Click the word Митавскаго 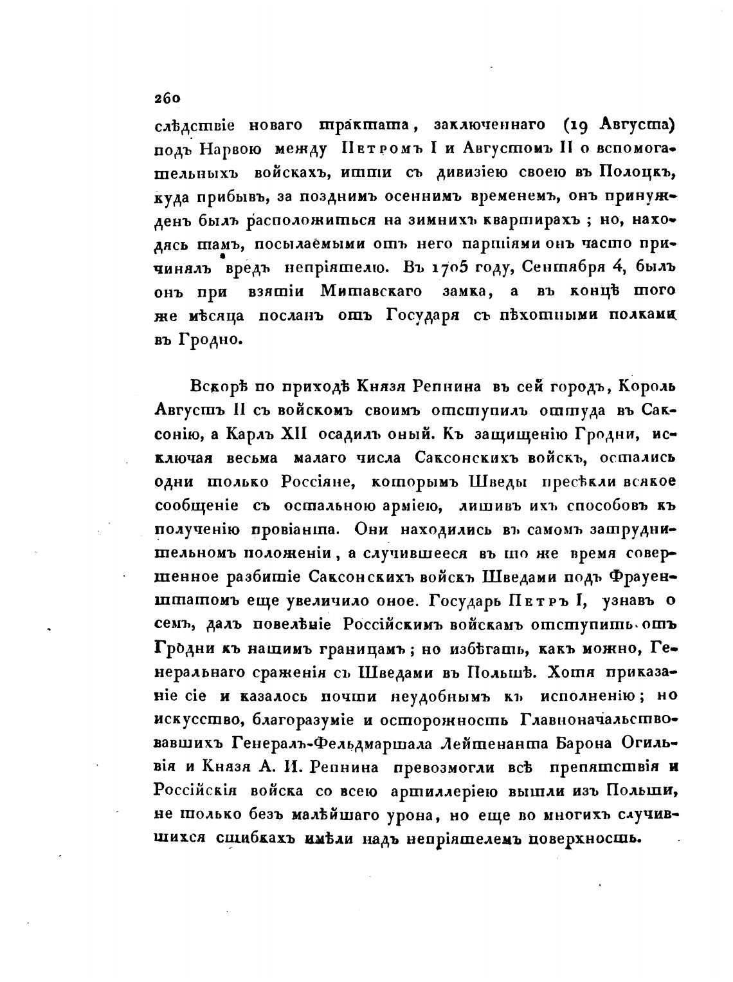point(371,291)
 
